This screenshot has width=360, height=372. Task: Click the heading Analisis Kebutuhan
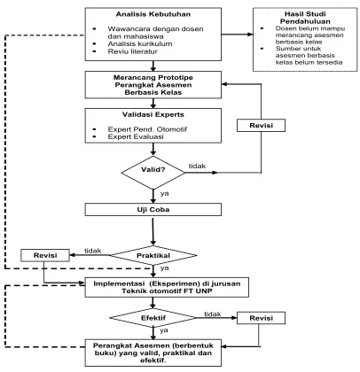pos(153,14)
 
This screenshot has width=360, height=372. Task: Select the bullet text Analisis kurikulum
pos(140,44)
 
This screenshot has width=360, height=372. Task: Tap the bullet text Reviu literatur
pos(132,51)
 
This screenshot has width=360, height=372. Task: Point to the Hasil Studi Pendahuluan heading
pos(305,18)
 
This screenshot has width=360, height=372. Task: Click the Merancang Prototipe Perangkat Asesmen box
pos(153,85)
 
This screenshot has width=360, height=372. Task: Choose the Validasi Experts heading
pos(153,114)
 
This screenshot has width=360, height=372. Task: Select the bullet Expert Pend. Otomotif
pos(147,129)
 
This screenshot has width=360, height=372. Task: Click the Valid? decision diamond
pos(153,173)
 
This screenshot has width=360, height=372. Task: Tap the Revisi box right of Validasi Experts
pos(261,126)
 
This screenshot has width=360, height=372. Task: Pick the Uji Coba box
pos(153,210)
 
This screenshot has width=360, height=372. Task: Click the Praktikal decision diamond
pos(153,255)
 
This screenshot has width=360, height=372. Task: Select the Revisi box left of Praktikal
pos(45,255)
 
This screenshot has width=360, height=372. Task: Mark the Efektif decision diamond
pos(153,318)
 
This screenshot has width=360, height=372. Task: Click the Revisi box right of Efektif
pos(261,318)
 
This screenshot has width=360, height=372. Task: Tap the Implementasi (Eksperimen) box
pos(167,287)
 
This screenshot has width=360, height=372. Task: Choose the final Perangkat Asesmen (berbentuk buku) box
pos(153,353)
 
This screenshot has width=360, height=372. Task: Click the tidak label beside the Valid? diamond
pos(197,166)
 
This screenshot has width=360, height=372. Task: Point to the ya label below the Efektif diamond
pos(164,330)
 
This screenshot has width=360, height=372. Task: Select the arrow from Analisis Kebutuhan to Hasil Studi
pos(237,35)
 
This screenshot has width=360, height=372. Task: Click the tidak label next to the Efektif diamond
pos(213,314)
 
